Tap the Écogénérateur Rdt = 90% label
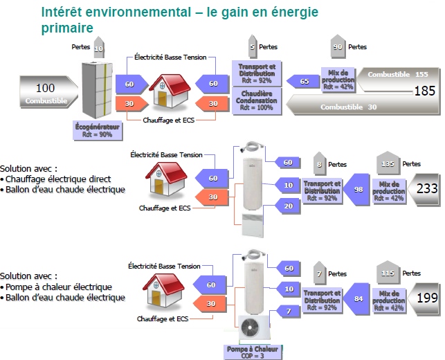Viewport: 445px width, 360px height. [96, 131]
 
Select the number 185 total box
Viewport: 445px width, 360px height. [423, 90]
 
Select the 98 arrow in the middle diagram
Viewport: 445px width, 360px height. [356, 188]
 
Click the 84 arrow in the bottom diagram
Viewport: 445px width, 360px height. [356, 299]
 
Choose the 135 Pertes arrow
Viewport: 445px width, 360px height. [388, 164]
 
